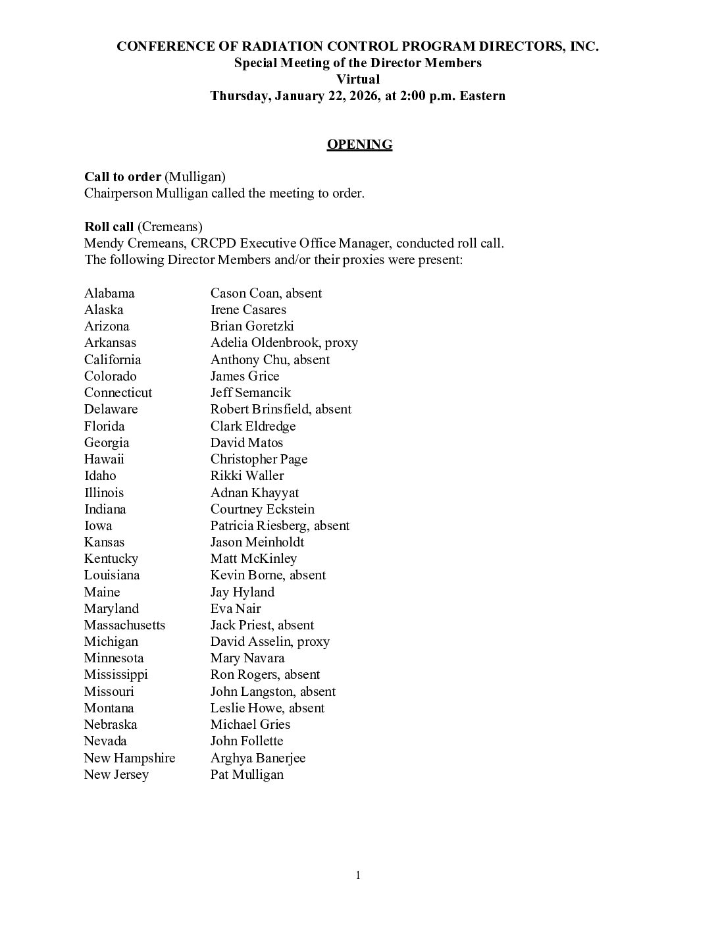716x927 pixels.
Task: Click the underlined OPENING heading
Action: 359,145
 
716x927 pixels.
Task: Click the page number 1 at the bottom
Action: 358,875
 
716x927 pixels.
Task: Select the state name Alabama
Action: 109,293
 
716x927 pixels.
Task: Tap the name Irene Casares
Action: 248,309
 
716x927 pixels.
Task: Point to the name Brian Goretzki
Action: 252,326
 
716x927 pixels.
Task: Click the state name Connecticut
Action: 118,392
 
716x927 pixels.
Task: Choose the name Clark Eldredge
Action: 253,426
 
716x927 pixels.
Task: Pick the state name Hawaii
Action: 104,459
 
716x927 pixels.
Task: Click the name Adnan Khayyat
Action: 254,492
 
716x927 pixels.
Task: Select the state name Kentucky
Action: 111,558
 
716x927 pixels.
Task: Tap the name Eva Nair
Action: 236,608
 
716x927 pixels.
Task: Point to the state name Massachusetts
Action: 124,625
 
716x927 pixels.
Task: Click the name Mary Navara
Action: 247,658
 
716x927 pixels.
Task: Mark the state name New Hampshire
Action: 130,758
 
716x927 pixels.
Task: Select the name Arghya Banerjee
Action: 258,758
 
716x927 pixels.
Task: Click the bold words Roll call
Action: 109,226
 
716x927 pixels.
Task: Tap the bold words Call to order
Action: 122,177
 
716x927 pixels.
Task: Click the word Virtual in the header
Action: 358,79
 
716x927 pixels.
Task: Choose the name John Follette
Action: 247,741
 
